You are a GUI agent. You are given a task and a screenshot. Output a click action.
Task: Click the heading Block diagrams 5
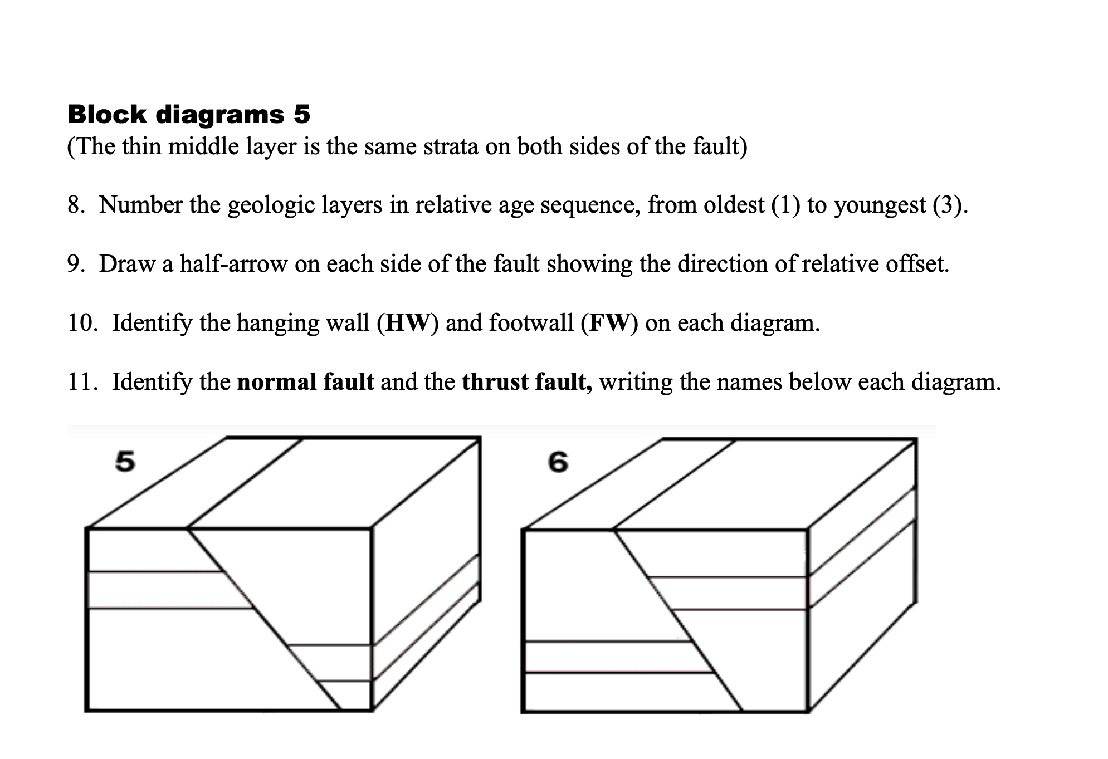(x=188, y=115)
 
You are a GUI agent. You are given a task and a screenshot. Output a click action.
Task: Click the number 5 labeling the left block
(x=125, y=462)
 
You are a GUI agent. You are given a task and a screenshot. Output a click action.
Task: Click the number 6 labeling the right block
(x=558, y=462)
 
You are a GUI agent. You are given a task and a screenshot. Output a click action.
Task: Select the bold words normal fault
(x=305, y=382)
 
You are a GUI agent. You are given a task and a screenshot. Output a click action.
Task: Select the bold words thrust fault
(x=526, y=382)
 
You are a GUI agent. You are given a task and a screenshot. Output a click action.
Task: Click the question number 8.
(x=76, y=205)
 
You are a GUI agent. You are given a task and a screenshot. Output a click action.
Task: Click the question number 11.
(x=80, y=382)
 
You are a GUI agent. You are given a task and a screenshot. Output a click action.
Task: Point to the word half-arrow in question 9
(x=233, y=264)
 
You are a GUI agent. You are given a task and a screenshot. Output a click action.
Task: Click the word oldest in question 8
(x=734, y=205)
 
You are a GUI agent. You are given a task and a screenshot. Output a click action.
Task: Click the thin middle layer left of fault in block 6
(x=607, y=657)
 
